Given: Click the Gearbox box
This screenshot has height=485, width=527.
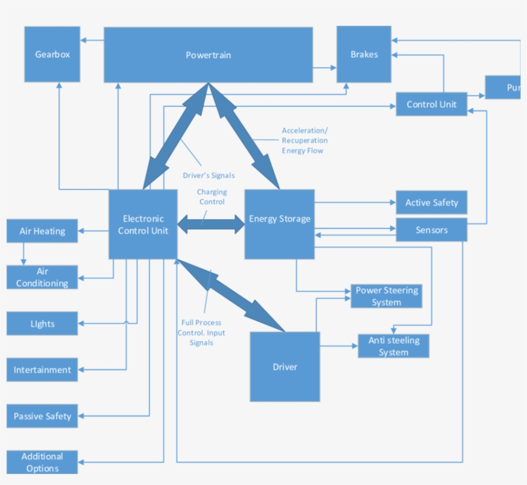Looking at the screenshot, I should click(52, 55).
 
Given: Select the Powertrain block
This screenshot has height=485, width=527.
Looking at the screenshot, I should click(208, 55).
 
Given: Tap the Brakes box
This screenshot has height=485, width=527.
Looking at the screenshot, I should click(364, 55).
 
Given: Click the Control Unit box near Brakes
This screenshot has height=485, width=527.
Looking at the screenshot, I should click(431, 104).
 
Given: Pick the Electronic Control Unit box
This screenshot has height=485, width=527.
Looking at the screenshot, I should click(143, 224).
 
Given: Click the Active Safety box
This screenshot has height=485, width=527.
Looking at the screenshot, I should click(431, 202).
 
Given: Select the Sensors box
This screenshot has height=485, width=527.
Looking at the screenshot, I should click(431, 230).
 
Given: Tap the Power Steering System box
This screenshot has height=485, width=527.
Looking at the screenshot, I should click(386, 296).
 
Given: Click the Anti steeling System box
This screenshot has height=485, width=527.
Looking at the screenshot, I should click(393, 346).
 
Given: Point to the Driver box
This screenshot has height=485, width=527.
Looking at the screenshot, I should click(285, 367).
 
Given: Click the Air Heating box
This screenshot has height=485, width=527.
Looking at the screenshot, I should click(42, 231).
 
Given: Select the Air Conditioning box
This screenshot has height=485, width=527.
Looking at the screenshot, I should click(42, 278).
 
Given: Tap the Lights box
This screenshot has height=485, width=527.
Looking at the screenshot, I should click(42, 324).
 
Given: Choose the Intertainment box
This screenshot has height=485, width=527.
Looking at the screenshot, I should click(42, 370).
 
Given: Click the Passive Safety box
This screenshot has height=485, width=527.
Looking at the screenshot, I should click(42, 416).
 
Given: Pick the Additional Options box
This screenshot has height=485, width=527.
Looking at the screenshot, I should click(42, 463).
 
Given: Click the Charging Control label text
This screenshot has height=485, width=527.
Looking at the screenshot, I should click(211, 197).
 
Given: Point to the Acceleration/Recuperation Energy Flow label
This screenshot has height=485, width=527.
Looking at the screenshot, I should click(305, 141).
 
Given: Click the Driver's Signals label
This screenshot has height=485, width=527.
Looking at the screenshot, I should click(209, 175).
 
